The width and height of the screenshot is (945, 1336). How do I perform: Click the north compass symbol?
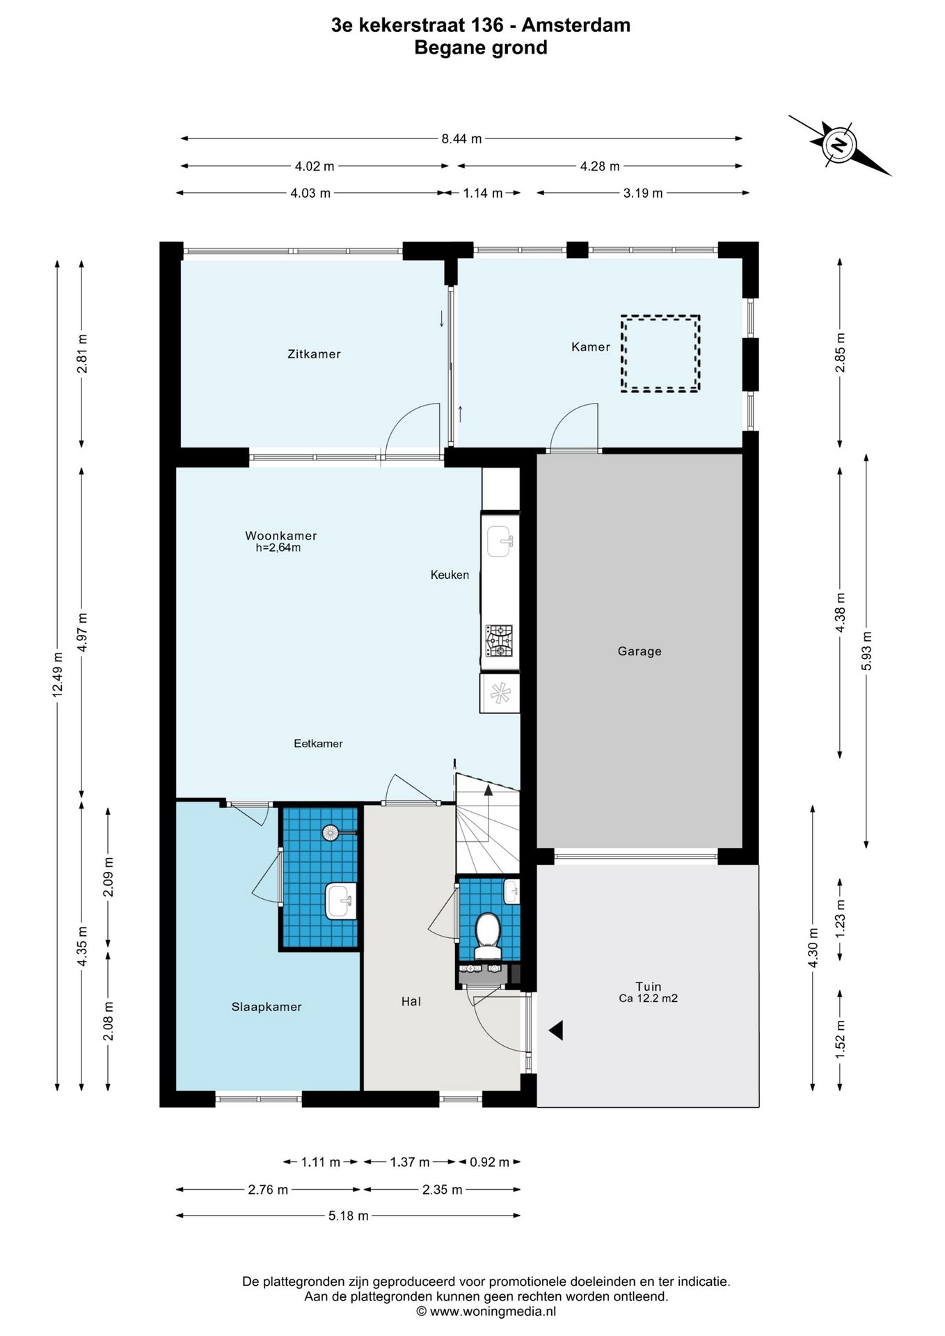pyautogui.click(x=839, y=145)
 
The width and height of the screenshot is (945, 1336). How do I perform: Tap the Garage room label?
pyautogui.click(x=640, y=651)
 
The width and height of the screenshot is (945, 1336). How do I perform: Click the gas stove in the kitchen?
pyautogui.click(x=499, y=641)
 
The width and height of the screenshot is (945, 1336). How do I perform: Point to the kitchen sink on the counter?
pyautogui.click(x=500, y=541)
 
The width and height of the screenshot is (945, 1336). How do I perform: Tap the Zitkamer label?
pyautogui.click(x=314, y=354)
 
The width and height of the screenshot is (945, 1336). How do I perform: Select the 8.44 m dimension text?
pyautogui.click(x=461, y=138)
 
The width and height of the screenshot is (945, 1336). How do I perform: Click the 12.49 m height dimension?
pyautogui.click(x=58, y=674)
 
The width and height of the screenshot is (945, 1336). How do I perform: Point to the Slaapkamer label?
pyautogui.click(x=267, y=1007)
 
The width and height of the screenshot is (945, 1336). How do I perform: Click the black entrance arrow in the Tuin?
pyautogui.click(x=555, y=1031)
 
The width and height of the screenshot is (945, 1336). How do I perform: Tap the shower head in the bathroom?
pyautogui.click(x=331, y=832)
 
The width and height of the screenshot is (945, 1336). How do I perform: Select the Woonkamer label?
pyautogui.click(x=280, y=536)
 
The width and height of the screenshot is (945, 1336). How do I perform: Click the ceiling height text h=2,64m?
pyautogui.click(x=278, y=548)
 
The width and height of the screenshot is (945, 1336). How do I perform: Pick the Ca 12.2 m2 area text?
pyautogui.click(x=648, y=999)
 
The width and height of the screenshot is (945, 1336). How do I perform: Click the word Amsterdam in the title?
pyautogui.click(x=576, y=25)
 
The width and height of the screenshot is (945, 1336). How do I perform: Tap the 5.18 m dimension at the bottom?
pyautogui.click(x=348, y=1216)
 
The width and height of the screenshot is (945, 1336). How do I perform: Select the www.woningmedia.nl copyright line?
pyautogui.click(x=486, y=1311)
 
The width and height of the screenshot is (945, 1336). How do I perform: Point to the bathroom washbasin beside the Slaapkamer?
pyautogui.click(x=341, y=901)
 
